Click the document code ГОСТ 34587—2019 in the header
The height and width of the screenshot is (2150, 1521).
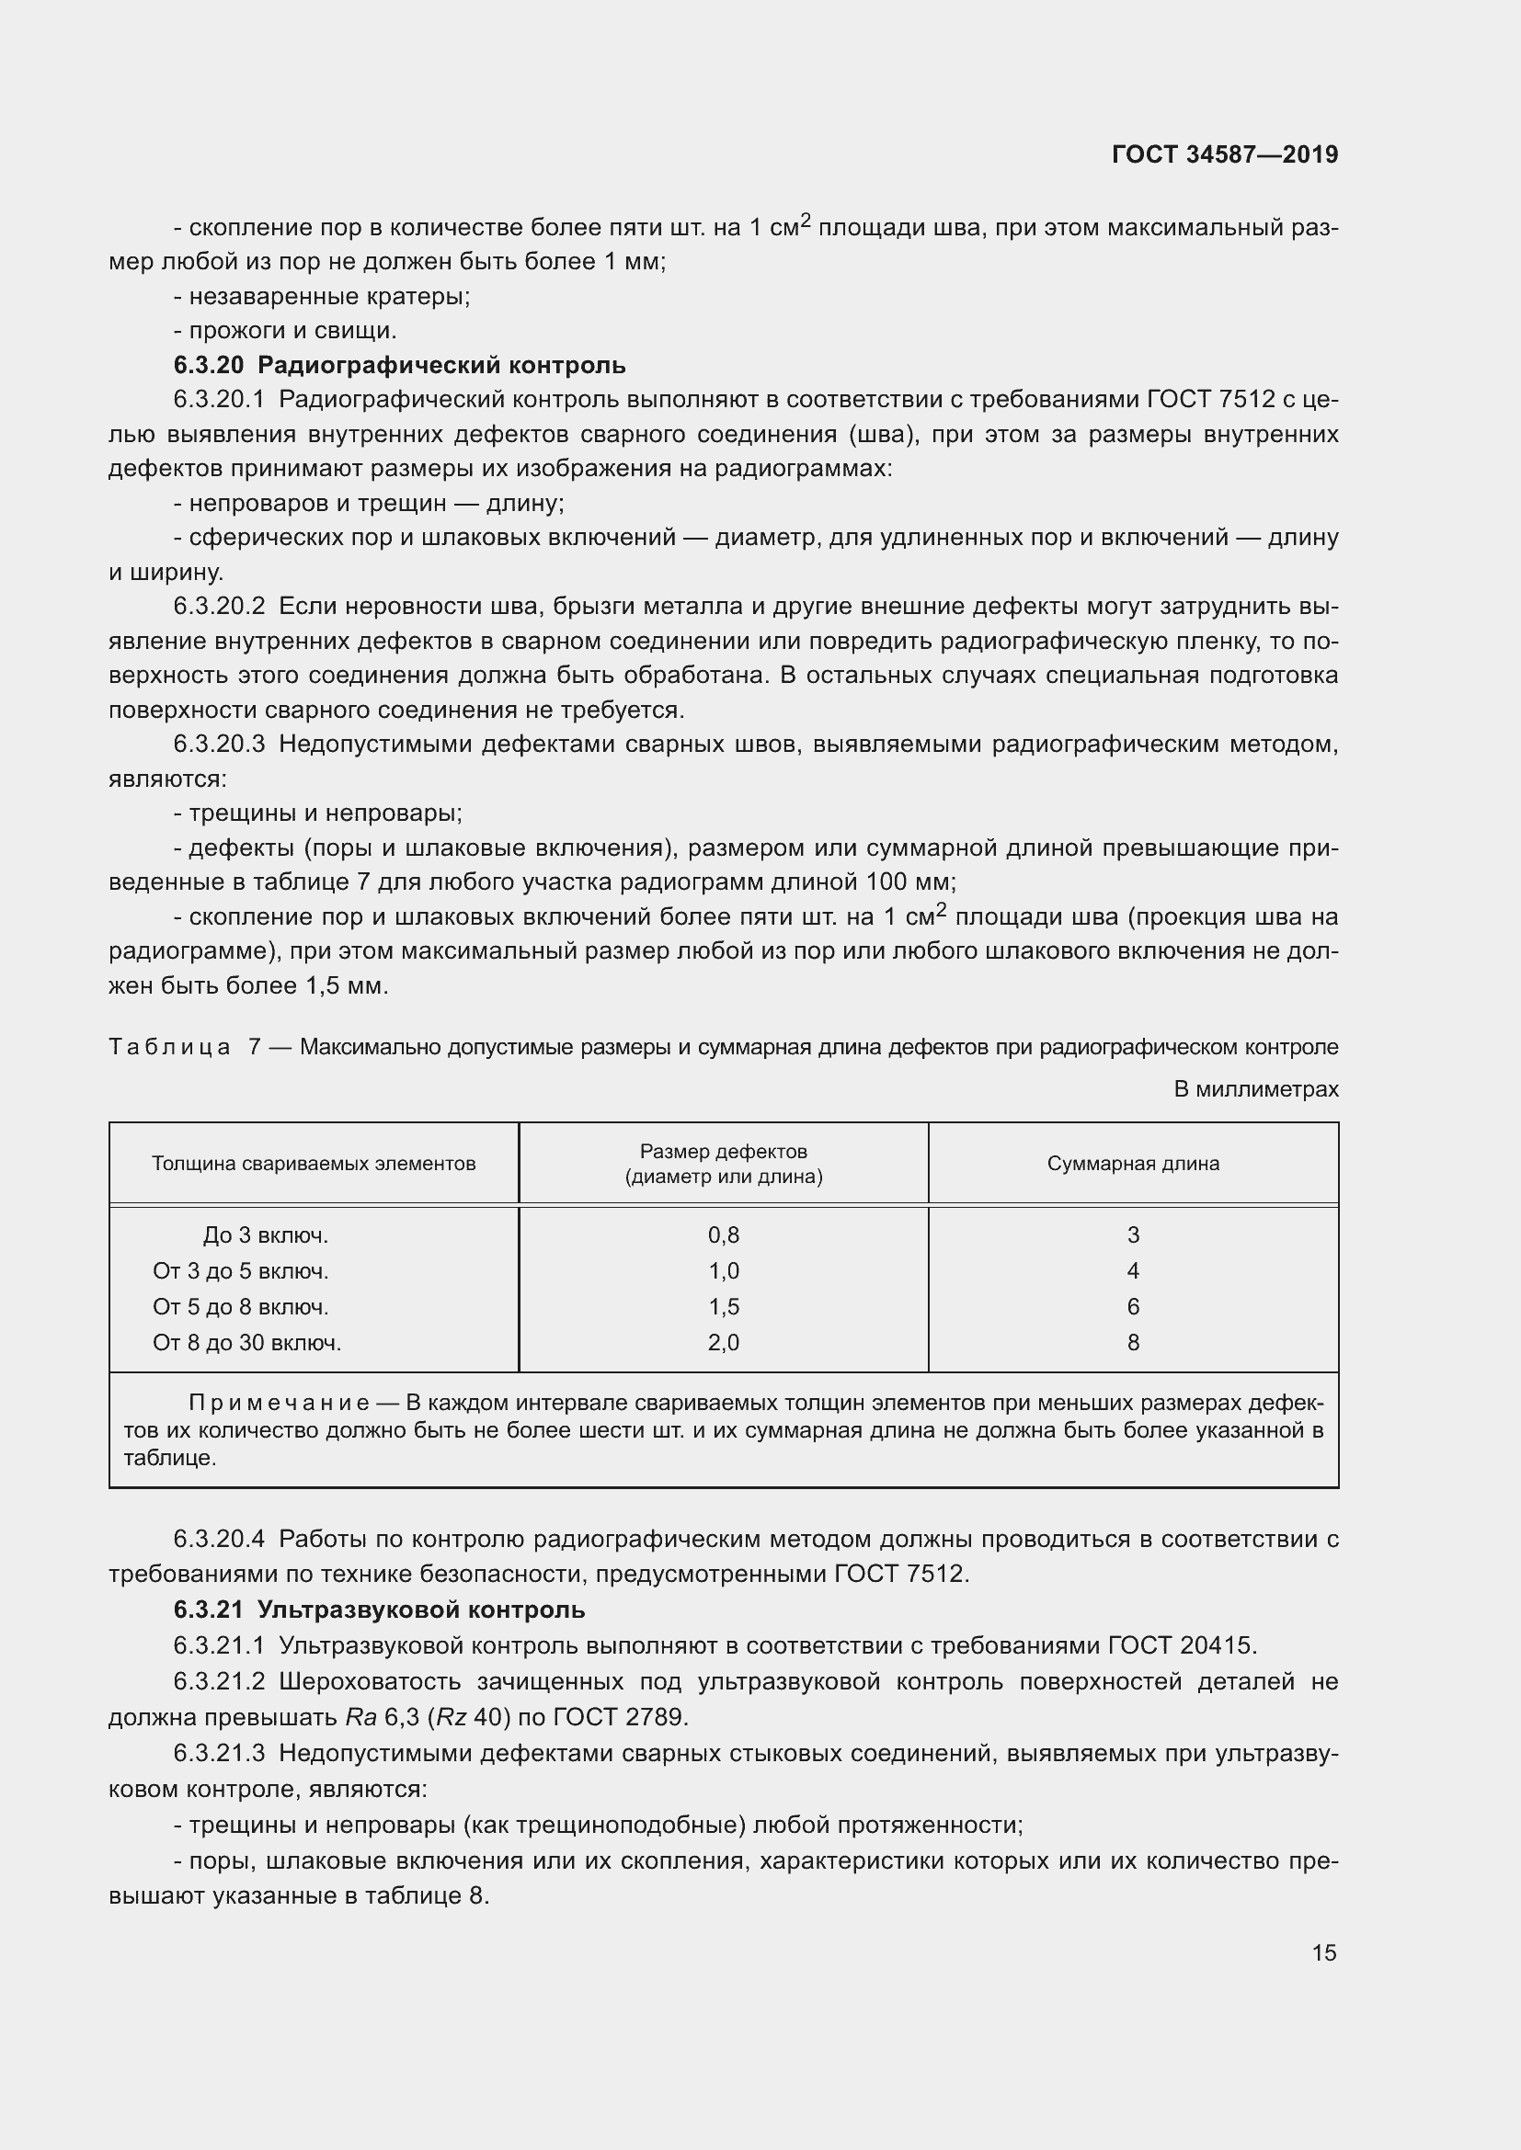point(1224,154)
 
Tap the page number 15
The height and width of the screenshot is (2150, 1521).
point(1323,1952)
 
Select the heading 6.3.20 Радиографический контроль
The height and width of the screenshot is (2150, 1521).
point(400,365)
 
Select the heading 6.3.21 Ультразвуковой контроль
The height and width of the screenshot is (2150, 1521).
point(379,1609)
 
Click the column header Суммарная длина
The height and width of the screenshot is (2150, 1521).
point(1132,1163)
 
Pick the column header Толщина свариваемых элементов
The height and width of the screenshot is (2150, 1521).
point(314,1163)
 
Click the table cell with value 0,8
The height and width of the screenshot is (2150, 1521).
point(723,1235)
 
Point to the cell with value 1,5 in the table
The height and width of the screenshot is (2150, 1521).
point(723,1306)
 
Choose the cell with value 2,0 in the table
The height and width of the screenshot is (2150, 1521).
point(723,1342)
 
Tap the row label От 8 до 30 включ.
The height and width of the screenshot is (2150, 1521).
point(247,1342)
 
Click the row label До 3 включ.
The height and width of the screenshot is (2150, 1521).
point(265,1235)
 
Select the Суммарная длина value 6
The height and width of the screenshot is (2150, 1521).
point(1132,1306)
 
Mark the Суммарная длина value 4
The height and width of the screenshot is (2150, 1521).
point(1132,1270)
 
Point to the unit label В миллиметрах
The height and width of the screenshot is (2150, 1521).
point(1256,1089)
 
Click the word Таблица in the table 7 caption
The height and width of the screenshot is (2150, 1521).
point(169,1047)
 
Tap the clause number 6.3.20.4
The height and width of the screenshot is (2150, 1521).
point(219,1539)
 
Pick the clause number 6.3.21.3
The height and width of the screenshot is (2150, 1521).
point(219,1752)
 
